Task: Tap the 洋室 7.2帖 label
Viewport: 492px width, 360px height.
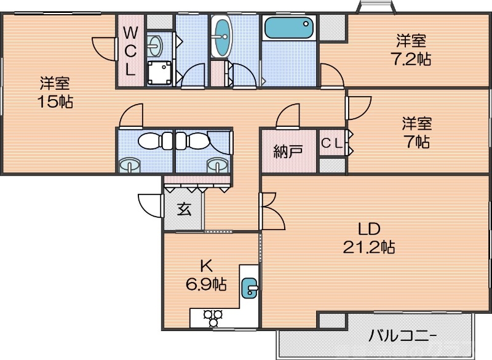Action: click(x=412, y=50)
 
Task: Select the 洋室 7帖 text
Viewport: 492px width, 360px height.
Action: click(x=417, y=132)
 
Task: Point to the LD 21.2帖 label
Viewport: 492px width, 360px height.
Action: click(x=368, y=238)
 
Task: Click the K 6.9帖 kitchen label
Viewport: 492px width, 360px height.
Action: click(x=205, y=275)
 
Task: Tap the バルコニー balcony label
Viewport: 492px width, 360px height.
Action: click(x=403, y=336)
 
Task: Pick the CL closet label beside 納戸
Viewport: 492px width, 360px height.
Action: click(x=332, y=143)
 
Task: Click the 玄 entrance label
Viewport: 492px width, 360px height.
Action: click(x=184, y=209)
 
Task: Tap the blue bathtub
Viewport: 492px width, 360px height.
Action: click(x=288, y=28)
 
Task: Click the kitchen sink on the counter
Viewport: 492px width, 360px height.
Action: click(x=250, y=287)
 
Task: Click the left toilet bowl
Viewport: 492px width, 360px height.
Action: click(x=151, y=141)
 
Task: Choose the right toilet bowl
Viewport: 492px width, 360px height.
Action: click(x=193, y=141)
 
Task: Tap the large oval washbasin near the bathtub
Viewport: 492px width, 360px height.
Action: click(x=221, y=36)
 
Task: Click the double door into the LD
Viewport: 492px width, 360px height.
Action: click(x=271, y=210)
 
